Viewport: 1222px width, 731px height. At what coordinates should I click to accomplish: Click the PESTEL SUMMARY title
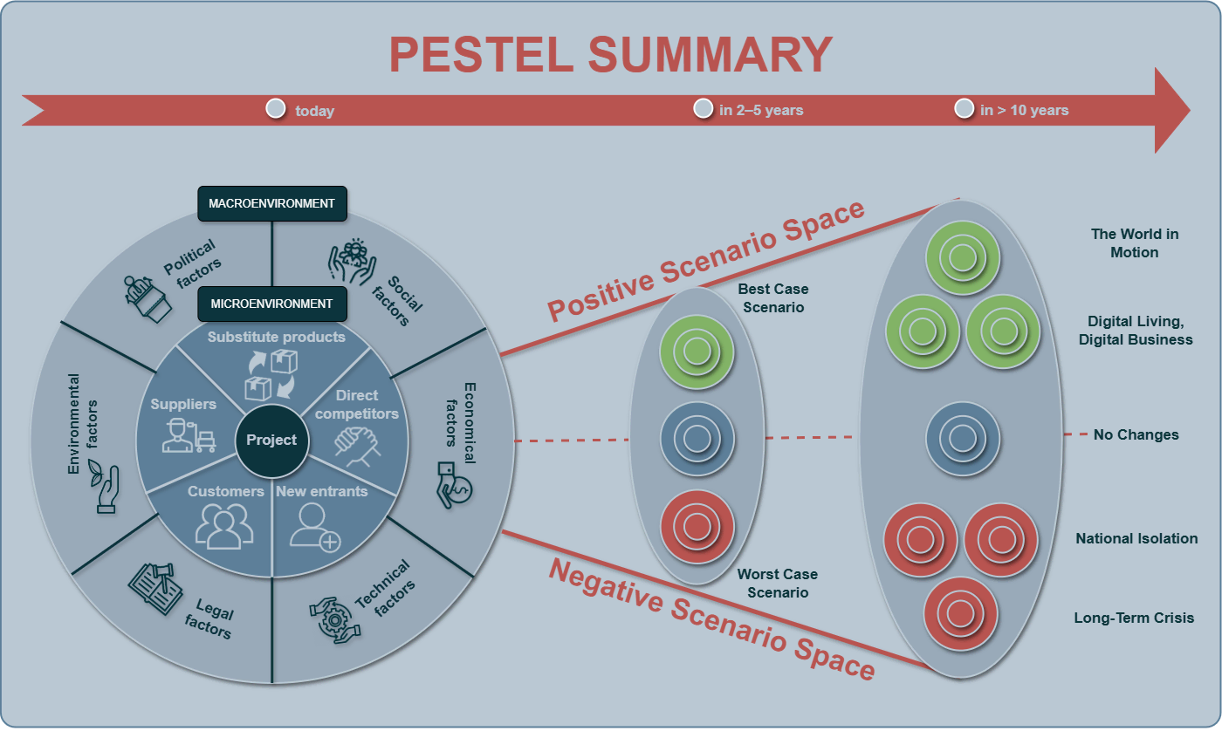click(x=610, y=55)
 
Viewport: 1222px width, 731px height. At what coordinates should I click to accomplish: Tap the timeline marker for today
click(x=276, y=108)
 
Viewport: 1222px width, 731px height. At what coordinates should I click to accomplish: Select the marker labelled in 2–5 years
click(x=703, y=108)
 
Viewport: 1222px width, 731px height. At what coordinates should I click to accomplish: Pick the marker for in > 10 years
click(x=964, y=108)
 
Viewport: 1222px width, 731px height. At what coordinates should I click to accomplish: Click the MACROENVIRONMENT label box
click(x=272, y=203)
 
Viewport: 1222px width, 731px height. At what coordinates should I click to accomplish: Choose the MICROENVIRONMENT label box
click(x=272, y=304)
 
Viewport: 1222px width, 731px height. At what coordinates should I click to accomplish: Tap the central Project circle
click(x=271, y=440)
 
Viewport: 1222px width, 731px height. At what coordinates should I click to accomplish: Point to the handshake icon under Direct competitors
click(x=356, y=444)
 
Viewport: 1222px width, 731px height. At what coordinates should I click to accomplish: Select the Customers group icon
click(x=224, y=527)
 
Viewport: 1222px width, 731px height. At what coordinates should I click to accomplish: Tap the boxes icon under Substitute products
click(x=271, y=373)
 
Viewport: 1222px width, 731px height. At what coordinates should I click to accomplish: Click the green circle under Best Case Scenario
click(x=697, y=352)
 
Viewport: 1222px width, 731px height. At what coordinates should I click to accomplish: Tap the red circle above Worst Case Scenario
click(x=697, y=527)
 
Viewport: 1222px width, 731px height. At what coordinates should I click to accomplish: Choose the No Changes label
click(x=1136, y=434)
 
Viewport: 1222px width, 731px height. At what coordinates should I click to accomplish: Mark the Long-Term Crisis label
click(x=1134, y=618)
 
